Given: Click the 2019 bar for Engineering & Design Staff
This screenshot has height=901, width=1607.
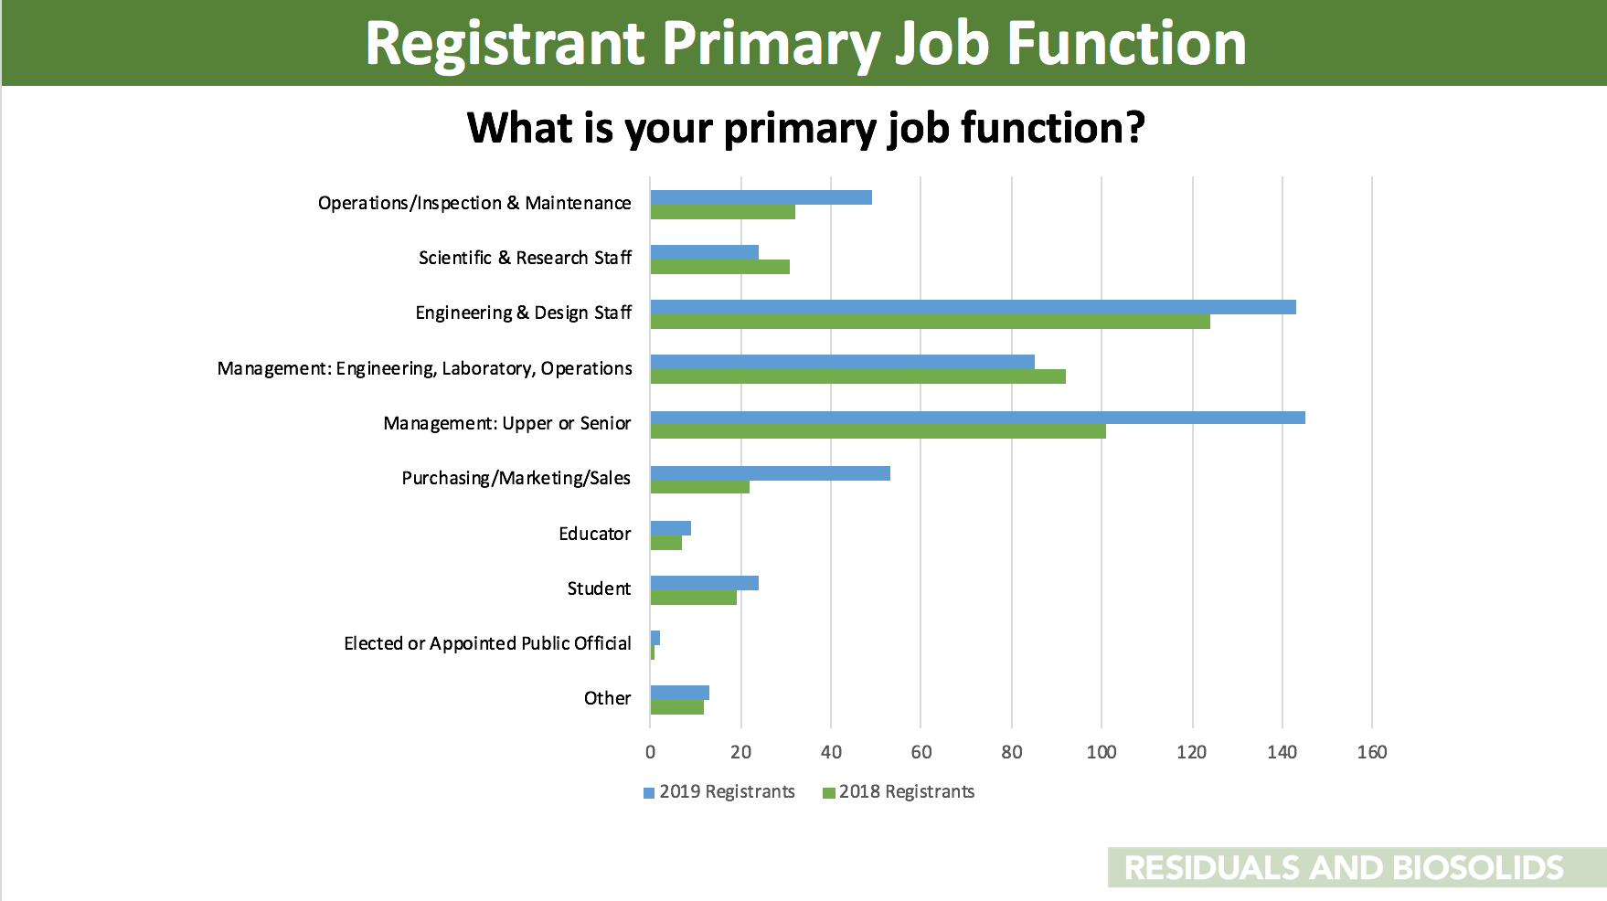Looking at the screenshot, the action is tap(973, 307).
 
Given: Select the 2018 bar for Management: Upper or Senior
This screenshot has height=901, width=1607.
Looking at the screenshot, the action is tap(878, 431).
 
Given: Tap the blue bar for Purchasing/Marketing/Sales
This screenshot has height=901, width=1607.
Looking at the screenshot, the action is tap(771, 473).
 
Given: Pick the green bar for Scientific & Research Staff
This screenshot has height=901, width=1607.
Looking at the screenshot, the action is tap(720, 267).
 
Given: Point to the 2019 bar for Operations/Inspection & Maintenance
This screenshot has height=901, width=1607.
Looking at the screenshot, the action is tap(761, 197).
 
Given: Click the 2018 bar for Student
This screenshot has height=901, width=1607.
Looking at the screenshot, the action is tap(694, 598).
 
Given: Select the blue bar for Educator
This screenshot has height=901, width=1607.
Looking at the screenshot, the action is tap(671, 528).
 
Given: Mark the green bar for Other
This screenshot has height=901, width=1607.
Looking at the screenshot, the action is tap(677, 707).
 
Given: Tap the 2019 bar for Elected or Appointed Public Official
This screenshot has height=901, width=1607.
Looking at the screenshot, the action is tap(655, 638).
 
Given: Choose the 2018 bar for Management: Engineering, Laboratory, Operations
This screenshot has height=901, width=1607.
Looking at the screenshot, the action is tap(858, 376).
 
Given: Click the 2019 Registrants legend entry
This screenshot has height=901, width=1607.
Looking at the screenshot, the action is tap(719, 792).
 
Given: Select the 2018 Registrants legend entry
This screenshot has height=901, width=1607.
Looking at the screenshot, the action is tap(899, 792).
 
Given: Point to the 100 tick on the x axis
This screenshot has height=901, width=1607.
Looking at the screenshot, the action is tap(1101, 752).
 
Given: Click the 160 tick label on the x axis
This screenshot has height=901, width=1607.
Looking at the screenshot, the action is tap(1372, 752).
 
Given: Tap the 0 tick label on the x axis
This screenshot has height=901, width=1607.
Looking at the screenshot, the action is tap(651, 752).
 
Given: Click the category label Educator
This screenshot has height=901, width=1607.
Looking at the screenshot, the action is tap(595, 534).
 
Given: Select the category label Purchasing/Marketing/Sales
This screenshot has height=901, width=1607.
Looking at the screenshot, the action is tap(516, 478).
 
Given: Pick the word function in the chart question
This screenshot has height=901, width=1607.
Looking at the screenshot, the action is tap(1052, 127).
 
